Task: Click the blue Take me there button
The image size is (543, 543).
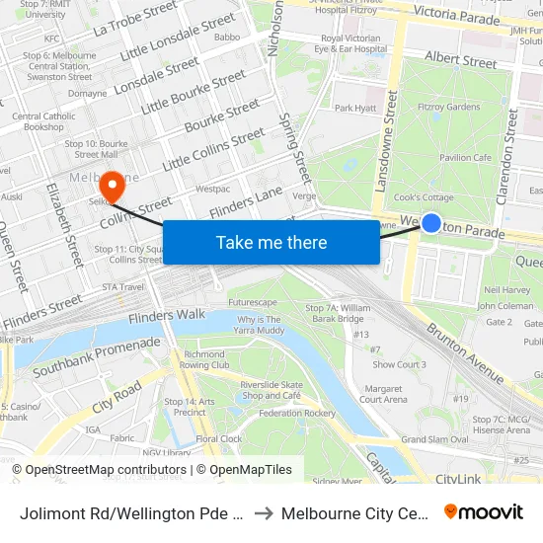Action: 271,242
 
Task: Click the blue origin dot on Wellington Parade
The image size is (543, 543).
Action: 431,223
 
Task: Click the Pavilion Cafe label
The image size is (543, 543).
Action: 465,157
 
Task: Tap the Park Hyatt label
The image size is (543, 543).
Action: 355,108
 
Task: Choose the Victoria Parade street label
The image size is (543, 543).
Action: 460,14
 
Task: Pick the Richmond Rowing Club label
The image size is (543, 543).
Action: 205,359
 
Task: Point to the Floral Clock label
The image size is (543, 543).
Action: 219,438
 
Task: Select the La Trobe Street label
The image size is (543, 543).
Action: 135,20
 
